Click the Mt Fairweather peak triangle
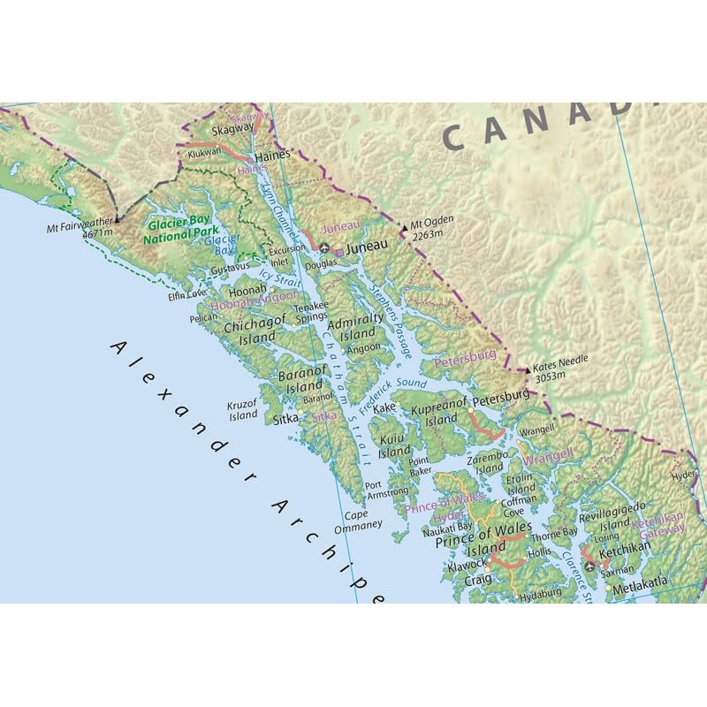coord(118,217)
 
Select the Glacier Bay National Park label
coord(182,232)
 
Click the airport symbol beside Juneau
coord(324,248)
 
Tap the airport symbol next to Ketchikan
coord(589,563)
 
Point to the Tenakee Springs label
coord(311,310)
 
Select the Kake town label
coord(384,408)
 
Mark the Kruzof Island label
coord(243,410)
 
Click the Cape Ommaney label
coord(357,521)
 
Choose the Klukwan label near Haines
coord(204,152)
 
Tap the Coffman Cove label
coord(519,505)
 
